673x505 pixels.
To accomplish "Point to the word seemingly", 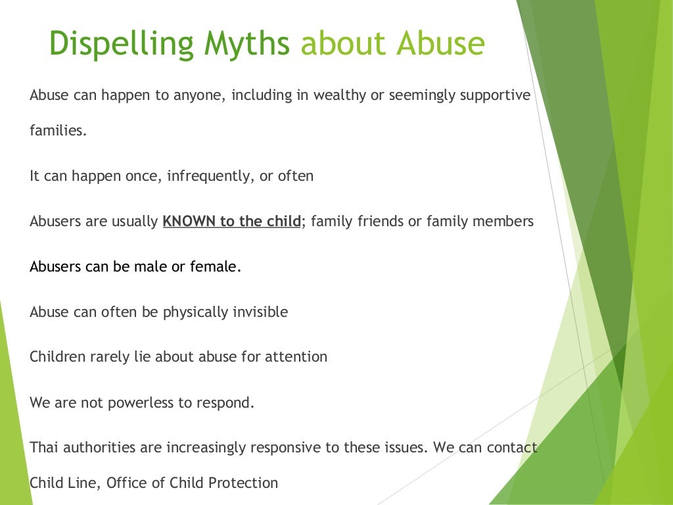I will (421, 96).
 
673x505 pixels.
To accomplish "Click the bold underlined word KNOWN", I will (189, 221).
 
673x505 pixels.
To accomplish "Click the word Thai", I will (41, 448).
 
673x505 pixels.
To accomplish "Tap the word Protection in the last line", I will (243, 483).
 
